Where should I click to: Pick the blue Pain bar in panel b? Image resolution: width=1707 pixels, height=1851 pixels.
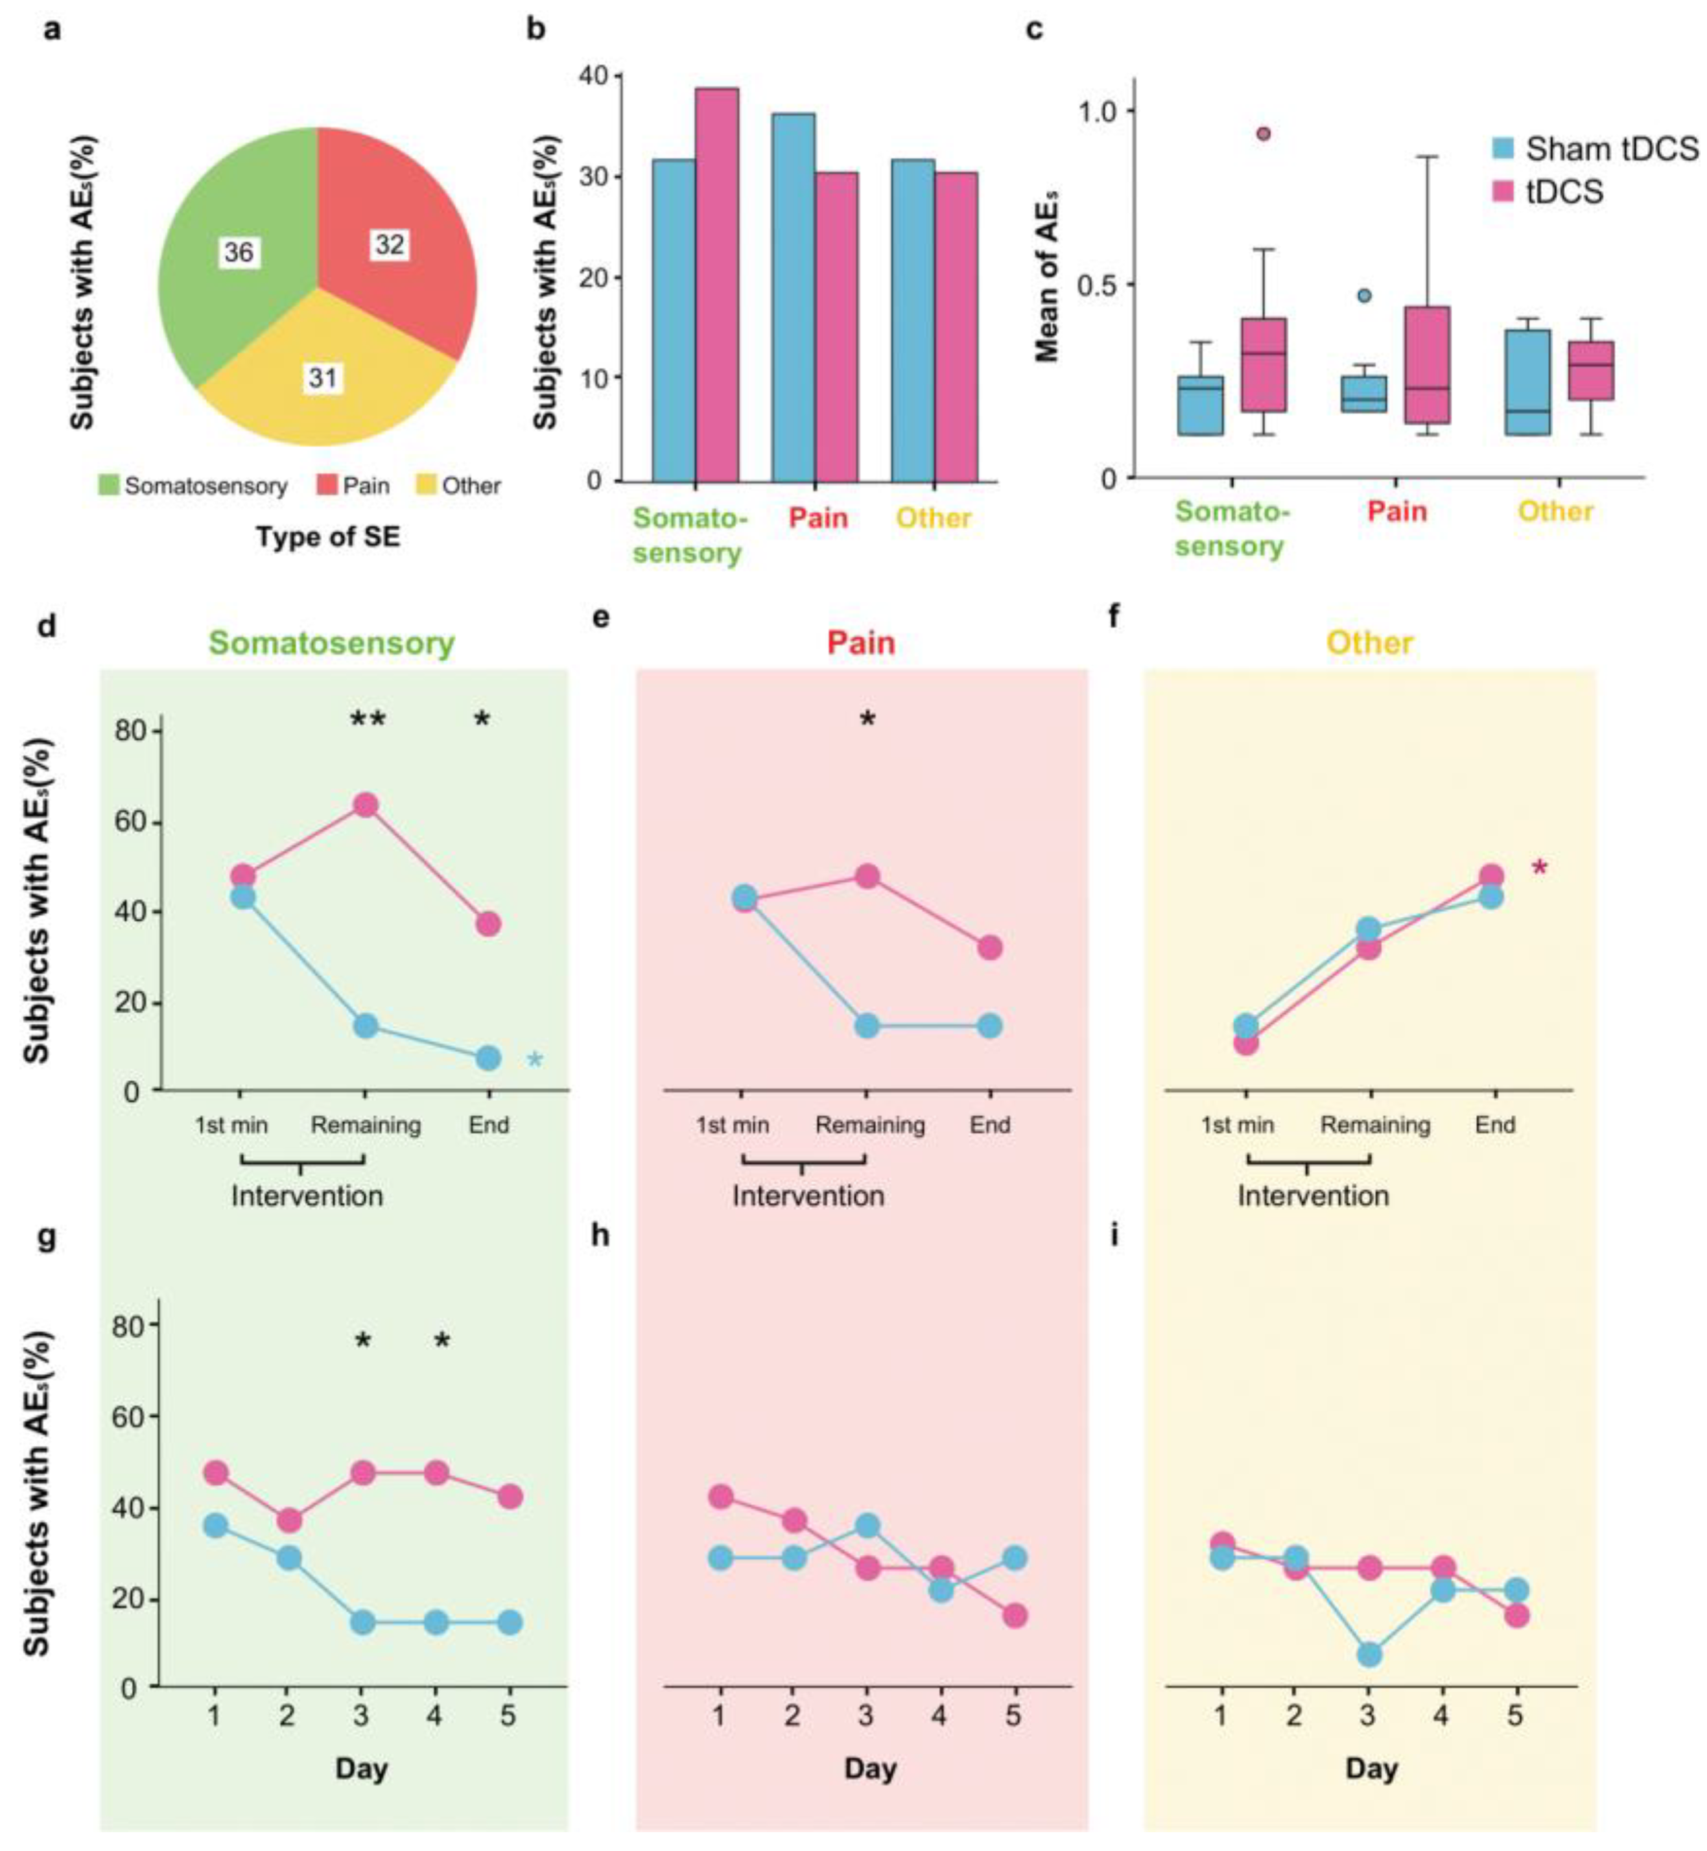click(x=794, y=296)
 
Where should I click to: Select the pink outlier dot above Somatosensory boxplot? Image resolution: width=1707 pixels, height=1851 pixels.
click(x=1263, y=134)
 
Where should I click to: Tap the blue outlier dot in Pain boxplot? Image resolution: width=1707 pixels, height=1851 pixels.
click(x=1364, y=296)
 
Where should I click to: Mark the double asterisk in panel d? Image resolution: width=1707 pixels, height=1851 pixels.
click(x=368, y=720)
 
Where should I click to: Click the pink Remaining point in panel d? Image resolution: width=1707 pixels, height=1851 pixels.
click(x=366, y=805)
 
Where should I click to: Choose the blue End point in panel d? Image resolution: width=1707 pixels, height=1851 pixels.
click(x=489, y=1057)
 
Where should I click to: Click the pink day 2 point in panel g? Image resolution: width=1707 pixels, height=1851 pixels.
click(x=289, y=1520)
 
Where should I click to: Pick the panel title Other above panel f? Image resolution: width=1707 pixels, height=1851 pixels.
click(x=1370, y=643)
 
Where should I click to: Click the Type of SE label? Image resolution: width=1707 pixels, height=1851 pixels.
click(x=328, y=537)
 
